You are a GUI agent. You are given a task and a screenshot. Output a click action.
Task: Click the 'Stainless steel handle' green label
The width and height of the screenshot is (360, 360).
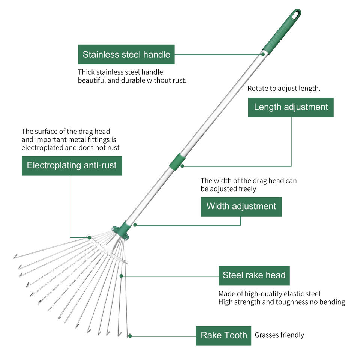pos(126,54)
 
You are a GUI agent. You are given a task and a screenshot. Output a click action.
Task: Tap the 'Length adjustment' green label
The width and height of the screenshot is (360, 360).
pos(291,107)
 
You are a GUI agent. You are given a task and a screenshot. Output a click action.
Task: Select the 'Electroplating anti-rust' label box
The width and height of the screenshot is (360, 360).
pos(72,166)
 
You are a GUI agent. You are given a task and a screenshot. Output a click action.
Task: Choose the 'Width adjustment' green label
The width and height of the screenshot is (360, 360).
pos(241,207)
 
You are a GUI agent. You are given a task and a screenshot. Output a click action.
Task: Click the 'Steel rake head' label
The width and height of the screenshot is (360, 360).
pos(254,276)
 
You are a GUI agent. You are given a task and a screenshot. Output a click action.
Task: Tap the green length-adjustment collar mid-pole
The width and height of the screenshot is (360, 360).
pos(177,161)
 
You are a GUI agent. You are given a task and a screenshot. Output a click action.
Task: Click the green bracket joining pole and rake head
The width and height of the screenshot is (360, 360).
pos(121,230)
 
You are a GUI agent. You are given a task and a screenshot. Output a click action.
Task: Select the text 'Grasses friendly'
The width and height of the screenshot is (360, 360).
pos(279,335)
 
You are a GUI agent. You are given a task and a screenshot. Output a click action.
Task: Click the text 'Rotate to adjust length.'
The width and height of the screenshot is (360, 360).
pos(284,88)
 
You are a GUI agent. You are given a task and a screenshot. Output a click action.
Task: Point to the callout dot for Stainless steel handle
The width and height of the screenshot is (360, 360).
pos(263,54)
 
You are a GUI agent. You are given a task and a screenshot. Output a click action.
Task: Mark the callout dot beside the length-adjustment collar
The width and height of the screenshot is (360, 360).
pos(183,166)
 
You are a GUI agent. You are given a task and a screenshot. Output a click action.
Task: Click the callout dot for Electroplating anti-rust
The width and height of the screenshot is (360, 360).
pos(89,237)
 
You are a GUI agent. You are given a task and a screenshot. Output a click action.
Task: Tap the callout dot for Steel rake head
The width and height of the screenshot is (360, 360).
pos(121,276)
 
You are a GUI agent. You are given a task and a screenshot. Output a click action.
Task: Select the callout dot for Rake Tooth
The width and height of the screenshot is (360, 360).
pos(130,336)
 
